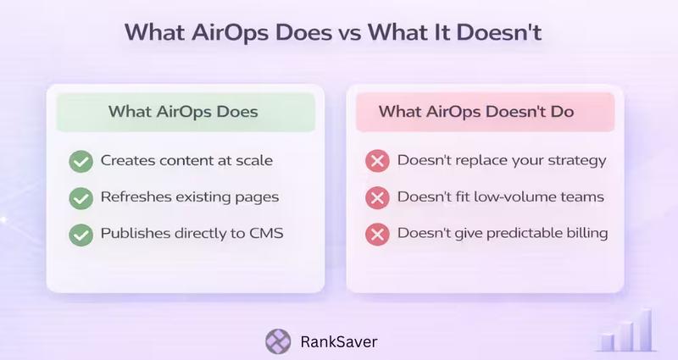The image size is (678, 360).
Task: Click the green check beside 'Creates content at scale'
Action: click(81, 160)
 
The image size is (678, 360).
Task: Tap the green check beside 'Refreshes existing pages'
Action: click(81, 197)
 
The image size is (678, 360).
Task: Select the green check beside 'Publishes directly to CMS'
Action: click(81, 234)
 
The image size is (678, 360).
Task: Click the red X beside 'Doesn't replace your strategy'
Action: click(377, 160)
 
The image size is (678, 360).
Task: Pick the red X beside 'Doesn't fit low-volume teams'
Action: click(377, 197)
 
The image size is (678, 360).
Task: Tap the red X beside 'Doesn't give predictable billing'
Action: click(377, 234)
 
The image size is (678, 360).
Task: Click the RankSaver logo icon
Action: click(278, 342)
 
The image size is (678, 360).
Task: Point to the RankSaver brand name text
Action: click(339, 342)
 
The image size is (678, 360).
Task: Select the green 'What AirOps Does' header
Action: click(184, 111)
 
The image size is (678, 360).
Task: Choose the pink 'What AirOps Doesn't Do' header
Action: click(475, 111)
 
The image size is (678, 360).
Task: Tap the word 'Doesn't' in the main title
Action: click(501, 33)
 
